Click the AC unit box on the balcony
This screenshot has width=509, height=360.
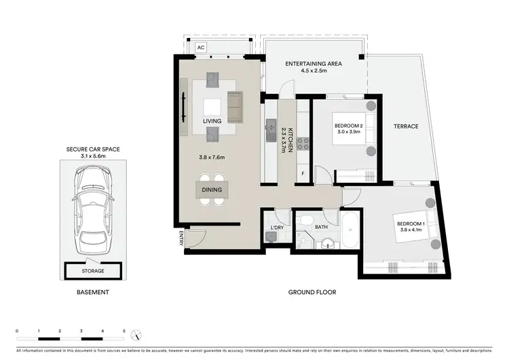coord(201,48)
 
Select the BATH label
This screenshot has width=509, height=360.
coord(321,227)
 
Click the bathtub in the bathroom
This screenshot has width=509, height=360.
coord(351,231)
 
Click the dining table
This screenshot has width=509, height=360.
coord(211,189)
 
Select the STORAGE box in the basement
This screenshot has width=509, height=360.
coord(93,270)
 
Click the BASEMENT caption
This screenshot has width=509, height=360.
coord(92,292)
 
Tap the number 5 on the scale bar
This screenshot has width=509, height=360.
coord(124,330)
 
